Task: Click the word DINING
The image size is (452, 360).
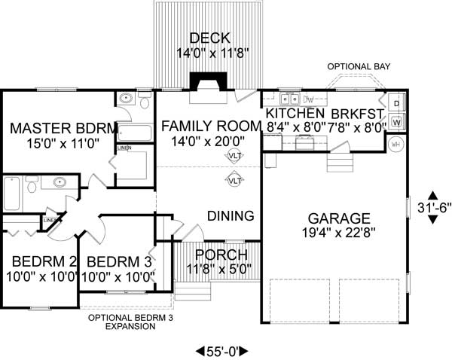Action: click(231, 216)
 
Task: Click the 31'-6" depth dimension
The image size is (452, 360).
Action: click(432, 206)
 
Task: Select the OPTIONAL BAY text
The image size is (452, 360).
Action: click(358, 67)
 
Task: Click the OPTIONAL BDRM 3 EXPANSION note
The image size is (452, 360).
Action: click(124, 322)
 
